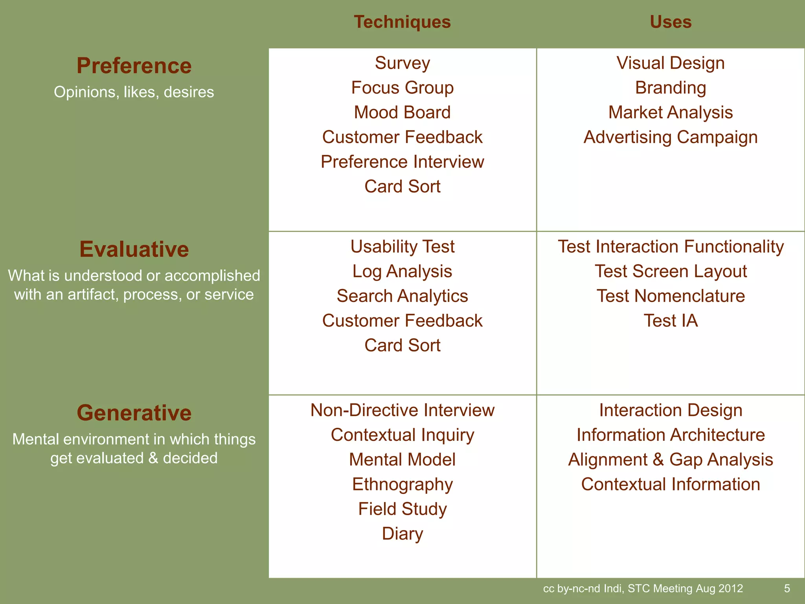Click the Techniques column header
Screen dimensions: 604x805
click(x=402, y=22)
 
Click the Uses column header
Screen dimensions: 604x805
click(x=670, y=22)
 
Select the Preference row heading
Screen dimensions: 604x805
click(x=134, y=66)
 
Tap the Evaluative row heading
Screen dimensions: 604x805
click(x=134, y=249)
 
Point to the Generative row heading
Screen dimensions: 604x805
click(x=134, y=413)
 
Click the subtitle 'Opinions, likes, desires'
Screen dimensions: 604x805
click(x=134, y=92)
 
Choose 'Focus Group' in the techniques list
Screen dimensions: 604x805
click(x=402, y=88)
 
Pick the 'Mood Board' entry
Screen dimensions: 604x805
click(x=402, y=112)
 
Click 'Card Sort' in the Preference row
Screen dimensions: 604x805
click(x=402, y=186)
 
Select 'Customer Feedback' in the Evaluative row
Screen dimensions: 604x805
click(x=402, y=321)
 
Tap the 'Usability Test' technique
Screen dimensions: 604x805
click(x=402, y=247)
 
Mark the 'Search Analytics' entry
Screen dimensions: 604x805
click(x=402, y=296)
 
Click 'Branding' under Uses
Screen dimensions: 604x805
click(x=670, y=88)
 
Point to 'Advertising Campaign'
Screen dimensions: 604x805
click(x=670, y=137)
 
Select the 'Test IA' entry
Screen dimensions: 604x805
click(x=670, y=321)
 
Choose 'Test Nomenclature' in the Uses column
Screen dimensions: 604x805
click(x=670, y=296)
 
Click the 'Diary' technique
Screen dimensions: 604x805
click(x=402, y=534)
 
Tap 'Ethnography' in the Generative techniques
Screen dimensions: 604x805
click(x=402, y=484)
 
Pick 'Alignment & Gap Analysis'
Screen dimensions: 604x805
click(x=670, y=460)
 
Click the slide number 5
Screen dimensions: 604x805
click(x=787, y=588)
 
